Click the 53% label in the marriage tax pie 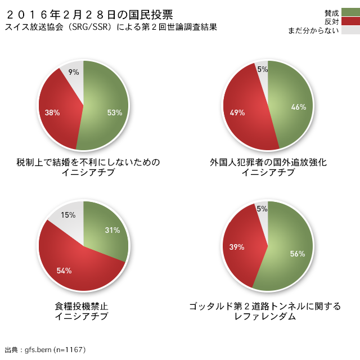click(114, 112)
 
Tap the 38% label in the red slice click(52, 112)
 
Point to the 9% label click(74, 72)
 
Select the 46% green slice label click(298, 107)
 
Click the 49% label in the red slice click(237, 112)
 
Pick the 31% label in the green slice click(112, 230)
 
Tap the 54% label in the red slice click(64, 271)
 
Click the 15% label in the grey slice click(68, 215)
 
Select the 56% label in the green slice click(298, 254)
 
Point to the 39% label click(237, 247)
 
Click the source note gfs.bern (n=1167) click(45, 350)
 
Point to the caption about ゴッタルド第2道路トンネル click(265, 311)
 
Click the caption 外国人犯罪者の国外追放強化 click(268, 167)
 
